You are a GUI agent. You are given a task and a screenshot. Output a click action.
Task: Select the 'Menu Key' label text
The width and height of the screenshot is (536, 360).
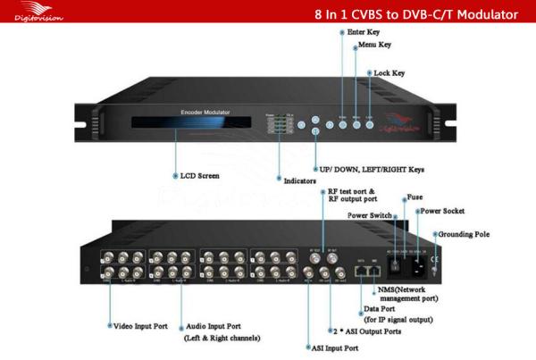click(x=383, y=53)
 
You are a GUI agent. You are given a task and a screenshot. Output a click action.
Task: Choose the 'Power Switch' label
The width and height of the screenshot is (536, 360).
click(x=364, y=214)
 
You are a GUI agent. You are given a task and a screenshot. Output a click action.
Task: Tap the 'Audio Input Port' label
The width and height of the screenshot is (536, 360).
click(x=218, y=327)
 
